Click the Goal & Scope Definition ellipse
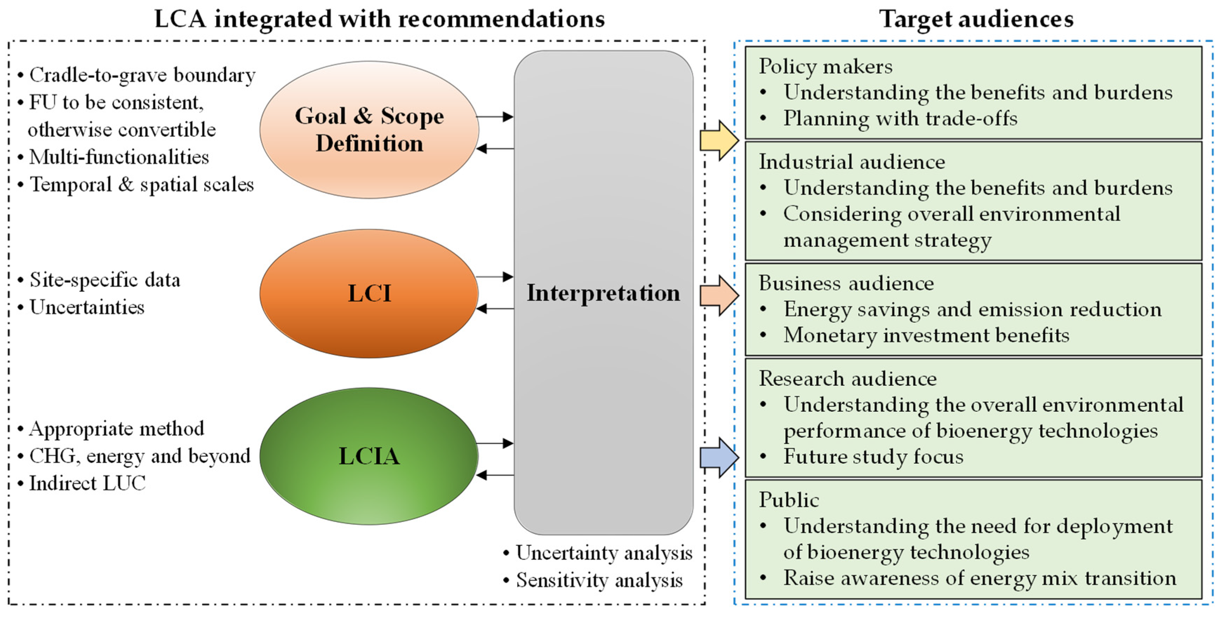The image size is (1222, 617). [x=369, y=129]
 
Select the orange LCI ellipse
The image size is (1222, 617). [x=369, y=293]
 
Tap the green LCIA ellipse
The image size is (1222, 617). [x=369, y=456]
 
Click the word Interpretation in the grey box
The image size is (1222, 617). [x=603, y=293]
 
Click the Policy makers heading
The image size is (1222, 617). [x=826, y=66]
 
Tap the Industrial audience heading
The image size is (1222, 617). [x=852, y=162]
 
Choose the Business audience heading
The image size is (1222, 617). [x=846, y=283]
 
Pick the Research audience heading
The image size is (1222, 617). [x=847, y=378]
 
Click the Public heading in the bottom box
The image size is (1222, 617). [x=788, y=500]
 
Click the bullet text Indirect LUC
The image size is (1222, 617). [x=87, y=483]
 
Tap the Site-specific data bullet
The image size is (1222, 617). [x=104, y=280]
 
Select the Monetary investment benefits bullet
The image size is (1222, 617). [x=926, y=335]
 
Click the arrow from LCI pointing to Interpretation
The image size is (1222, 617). [x=494, y=276]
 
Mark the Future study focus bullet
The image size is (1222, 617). [x=873, y=457]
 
